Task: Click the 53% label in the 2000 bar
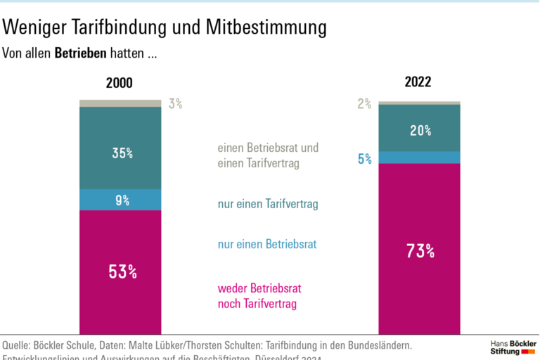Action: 122,271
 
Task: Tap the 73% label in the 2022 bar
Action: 420,251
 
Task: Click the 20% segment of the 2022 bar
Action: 420,130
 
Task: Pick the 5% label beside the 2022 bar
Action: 365,159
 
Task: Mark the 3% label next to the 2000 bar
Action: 175,104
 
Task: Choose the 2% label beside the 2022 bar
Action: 364,104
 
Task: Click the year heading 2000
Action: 119,83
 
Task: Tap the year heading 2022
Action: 418,82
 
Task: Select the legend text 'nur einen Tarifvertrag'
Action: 268,205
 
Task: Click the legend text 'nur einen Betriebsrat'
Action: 267,245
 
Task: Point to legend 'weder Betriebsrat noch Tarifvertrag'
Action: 259,297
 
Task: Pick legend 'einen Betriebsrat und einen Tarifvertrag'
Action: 268,156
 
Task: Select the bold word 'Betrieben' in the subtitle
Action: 80,53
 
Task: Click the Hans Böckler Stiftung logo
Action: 513,347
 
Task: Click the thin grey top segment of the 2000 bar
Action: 120,103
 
